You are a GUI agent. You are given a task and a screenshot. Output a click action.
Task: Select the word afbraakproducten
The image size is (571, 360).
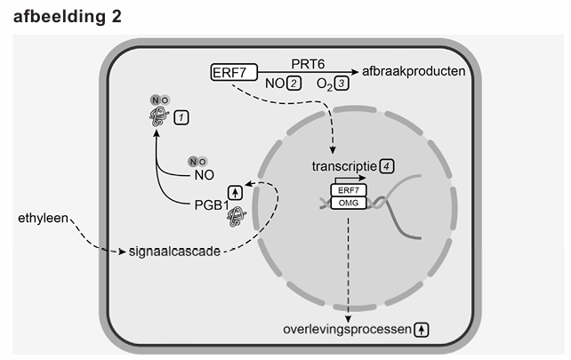coord(414,70)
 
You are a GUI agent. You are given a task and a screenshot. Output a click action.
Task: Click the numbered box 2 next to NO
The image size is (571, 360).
coord(294,84)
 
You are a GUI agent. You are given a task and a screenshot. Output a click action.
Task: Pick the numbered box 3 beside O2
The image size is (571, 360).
coord(342,84)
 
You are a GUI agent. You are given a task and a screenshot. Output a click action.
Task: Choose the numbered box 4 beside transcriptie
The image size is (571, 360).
coord(387,165)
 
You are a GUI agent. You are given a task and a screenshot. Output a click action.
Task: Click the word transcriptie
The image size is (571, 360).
coord(344,166)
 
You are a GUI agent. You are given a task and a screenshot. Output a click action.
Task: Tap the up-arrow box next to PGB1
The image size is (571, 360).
coord(235,190)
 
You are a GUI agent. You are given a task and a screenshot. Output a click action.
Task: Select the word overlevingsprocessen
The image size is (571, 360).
coord(347,329)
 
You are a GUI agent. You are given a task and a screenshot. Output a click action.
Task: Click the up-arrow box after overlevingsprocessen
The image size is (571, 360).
coord(422,329)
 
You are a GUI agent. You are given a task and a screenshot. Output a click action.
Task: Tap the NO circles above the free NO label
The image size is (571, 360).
coord(196,162)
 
